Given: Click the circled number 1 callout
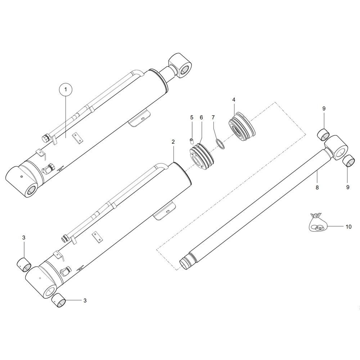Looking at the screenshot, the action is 66,89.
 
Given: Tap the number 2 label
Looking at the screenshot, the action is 173,142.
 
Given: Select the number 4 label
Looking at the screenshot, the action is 234,99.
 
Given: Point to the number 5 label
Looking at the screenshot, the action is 192,117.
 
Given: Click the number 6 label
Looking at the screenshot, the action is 201,117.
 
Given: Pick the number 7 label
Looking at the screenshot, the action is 213,117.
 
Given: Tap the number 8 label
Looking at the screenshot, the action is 317,187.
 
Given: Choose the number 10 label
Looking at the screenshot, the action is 348,227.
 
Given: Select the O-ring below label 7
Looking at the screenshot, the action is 219,144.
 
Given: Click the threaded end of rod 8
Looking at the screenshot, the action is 184,262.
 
